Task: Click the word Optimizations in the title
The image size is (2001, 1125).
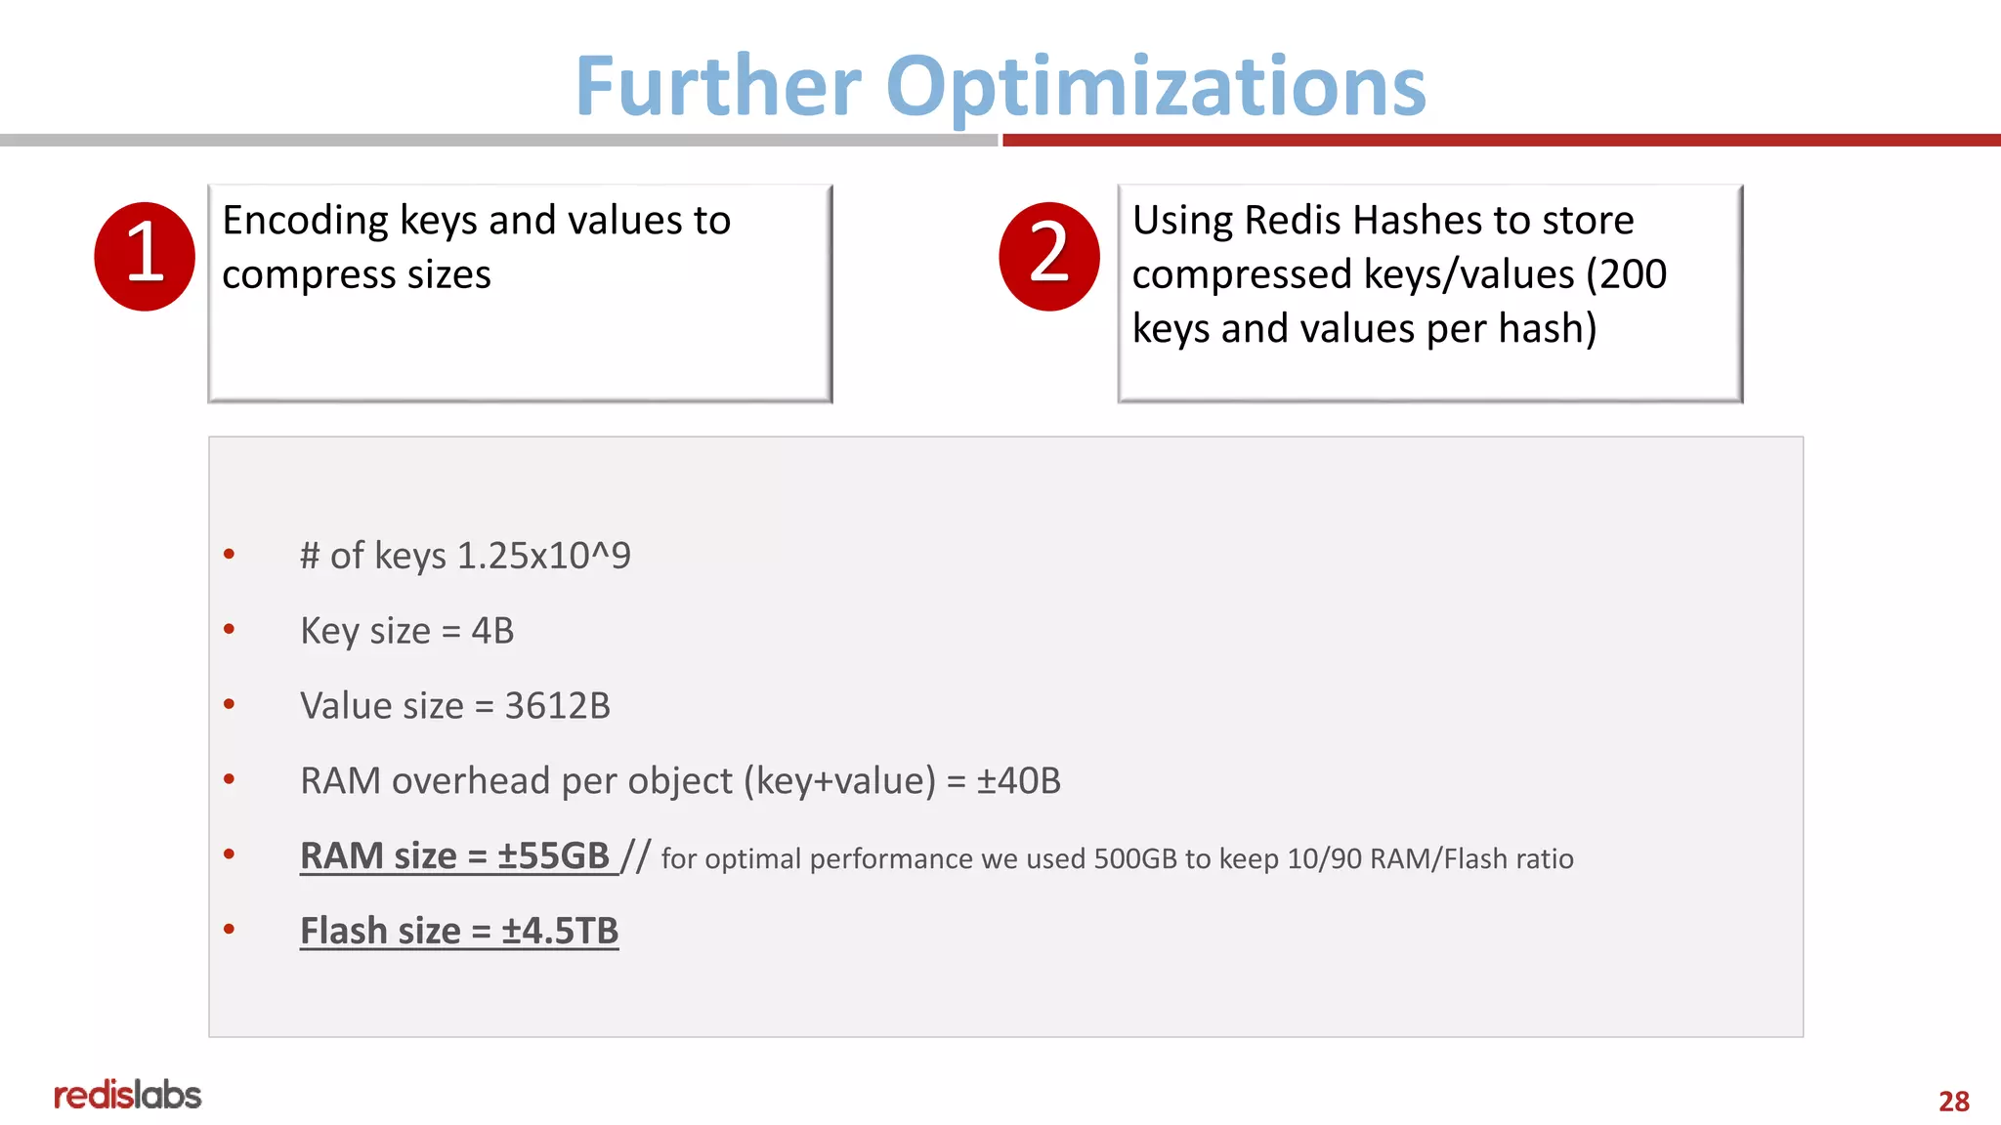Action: click(x=1155, y=88)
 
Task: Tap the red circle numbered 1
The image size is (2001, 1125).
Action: click(x=145, y=256)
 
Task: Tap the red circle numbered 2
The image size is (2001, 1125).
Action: click(x=1049, y=256)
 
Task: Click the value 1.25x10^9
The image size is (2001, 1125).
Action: click(x=543, y=556)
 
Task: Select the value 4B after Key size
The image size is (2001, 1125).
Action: click(x=492, y=631)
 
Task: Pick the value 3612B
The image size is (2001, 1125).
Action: click(x=557, y=706)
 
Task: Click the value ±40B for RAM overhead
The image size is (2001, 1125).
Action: click(x=1018, y=781)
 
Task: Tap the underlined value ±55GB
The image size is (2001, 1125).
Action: click(x=553, y=856)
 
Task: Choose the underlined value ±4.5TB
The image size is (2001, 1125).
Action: click(x=560, y=932)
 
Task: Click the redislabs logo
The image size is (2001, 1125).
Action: click(x=127, y=1095)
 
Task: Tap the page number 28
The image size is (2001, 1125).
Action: click(x=1953, y=1102)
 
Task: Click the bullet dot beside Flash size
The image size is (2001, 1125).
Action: click(x=230, y=930)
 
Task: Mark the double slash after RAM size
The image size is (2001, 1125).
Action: click(x=635, y=856)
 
